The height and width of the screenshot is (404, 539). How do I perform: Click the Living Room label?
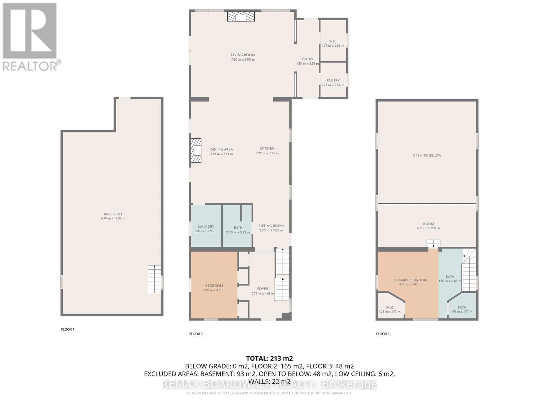point(243,55)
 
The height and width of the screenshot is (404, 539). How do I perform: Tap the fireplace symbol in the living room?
point(241,17)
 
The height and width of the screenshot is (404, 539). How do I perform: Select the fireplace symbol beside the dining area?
point(196,150)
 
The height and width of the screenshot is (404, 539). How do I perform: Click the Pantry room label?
point(333,81)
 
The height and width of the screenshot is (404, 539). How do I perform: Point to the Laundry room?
point(206,227)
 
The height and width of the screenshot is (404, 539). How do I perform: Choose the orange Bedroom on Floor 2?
point(214,285)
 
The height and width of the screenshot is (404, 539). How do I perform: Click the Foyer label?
point(262,289)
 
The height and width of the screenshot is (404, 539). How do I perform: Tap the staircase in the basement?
point(154,279)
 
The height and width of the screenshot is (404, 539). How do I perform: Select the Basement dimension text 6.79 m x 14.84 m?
point(113,218)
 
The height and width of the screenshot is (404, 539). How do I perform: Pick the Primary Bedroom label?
point(410,280)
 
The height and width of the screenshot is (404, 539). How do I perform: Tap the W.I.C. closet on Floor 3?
point(390,308)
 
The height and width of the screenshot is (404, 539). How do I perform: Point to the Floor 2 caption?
point(196,334)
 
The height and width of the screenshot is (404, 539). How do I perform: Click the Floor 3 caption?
point(383,334)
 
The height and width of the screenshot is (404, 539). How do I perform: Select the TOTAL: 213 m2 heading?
point(269,358)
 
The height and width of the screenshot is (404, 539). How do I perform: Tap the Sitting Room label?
point(271,226)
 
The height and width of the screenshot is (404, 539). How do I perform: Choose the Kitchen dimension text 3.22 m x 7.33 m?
point(267,153)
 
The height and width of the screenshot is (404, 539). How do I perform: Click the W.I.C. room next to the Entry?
point(333,41)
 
